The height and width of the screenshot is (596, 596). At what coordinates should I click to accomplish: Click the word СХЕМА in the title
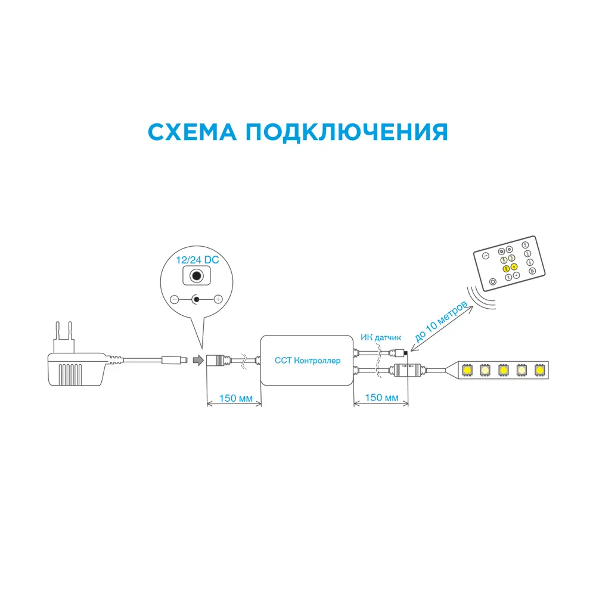(x=192, y=132)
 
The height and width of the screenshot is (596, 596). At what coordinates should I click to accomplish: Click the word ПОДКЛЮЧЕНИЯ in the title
(x=346, y=132)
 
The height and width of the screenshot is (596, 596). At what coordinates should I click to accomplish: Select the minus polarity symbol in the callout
(x=174, y=299)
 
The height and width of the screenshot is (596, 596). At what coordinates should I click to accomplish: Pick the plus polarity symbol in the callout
(x=218, y=299)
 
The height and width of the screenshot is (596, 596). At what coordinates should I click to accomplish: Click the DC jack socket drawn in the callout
(x=195, y=277)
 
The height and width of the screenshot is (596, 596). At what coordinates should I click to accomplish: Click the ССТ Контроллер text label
(x=308, y=361)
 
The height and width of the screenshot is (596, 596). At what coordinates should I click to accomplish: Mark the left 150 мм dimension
(x=234, y=398)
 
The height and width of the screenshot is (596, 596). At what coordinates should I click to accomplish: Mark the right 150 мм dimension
(x=381, y=398)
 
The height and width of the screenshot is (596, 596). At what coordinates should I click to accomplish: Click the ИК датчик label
(x=382, y=337)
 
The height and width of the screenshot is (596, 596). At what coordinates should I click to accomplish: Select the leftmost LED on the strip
(x=467, y=370)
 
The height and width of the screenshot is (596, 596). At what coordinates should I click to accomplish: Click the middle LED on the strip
(x=504, y=370)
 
